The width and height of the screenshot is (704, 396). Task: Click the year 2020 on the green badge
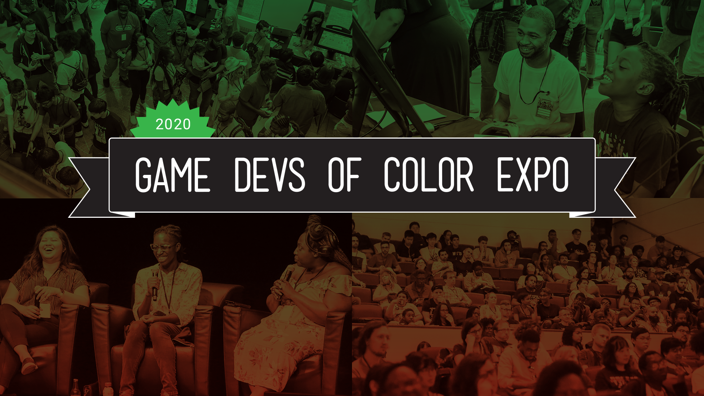click(x=173, y=125)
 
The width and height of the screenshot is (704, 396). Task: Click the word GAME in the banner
click(x=173, y=175)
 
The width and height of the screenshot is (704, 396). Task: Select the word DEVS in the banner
click(x=269, y=175)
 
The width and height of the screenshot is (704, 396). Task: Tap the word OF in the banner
click(x=345, y=175)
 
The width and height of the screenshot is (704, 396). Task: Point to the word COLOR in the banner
click(x=429, y=175)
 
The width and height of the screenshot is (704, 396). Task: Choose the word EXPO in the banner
click(x=532, y=175)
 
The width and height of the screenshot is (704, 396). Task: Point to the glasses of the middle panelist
click(x=162, y=247)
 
